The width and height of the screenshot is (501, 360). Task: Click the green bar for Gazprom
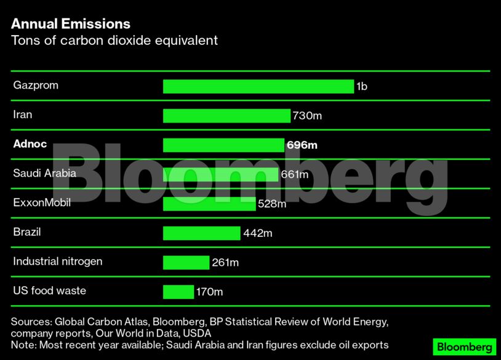coord(258,86)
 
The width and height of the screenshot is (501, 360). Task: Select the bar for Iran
coord(226,116)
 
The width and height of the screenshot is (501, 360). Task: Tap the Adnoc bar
coord(223,145)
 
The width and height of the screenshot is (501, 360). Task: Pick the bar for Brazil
coord(201,233)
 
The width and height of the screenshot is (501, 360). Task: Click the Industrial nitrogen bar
coord(186,263)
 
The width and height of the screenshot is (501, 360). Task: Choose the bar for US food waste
coord(178,292)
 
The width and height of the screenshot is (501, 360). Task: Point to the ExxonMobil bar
coord(209,204)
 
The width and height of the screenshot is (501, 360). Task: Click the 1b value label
coord(361,87)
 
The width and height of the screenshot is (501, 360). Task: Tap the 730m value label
coord(307,116)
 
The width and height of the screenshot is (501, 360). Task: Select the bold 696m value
coord(302,145)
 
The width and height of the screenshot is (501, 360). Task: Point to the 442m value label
coord(257,233)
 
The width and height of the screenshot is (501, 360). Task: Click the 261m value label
coord(225,263)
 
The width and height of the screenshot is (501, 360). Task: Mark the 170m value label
coord(209,292)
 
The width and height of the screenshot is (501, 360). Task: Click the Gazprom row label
coord(36,85)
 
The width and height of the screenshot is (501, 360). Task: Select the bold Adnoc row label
coord(31,144)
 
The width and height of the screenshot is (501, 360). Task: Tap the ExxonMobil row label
coord(42,202)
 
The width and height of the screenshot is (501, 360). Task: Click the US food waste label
coord(49,290)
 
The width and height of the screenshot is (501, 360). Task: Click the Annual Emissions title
coord(71,24)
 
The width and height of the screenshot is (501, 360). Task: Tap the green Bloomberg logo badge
coord(464,346)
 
